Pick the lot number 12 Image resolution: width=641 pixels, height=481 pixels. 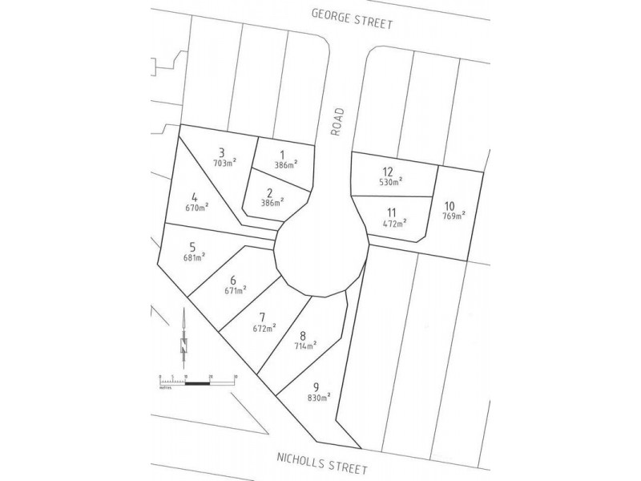[388, 172]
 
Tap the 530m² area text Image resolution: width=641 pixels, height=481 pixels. [390, 181]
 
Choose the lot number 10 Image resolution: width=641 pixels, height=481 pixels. [448, 205]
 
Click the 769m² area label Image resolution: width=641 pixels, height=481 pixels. [453, 215]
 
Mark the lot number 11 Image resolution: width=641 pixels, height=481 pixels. [391, 212]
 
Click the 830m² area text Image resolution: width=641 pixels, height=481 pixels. [318, 396]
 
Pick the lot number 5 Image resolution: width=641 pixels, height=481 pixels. [191, 247]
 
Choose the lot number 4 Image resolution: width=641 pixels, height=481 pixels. [194, 196]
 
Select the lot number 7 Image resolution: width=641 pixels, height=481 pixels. [262, 317]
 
